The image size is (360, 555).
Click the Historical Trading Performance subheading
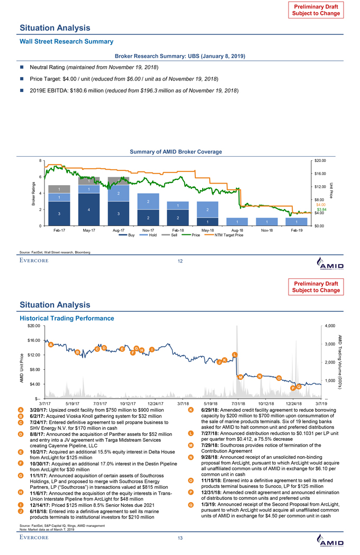(x=67, y=318)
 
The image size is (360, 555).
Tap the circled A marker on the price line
(x=50, y=345)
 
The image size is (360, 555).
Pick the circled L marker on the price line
(x=235, y=354)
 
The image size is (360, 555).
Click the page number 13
(x=180, y=539)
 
